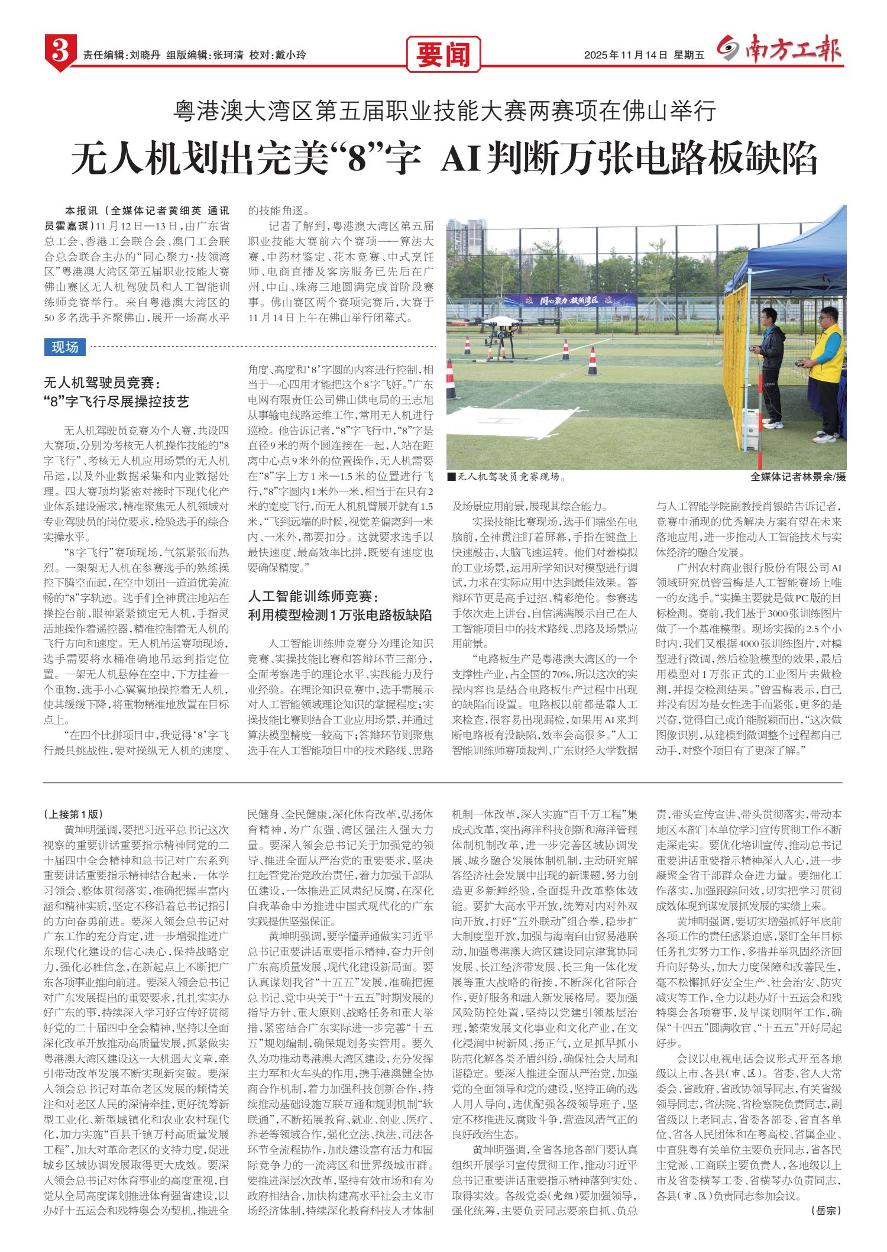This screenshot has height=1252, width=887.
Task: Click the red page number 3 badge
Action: click(x=59, y=54)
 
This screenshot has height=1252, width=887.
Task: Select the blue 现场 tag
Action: click(x=65, y=347)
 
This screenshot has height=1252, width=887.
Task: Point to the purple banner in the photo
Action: click(x=577, y=300)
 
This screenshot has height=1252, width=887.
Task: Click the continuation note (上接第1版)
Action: click(x=74, y=814)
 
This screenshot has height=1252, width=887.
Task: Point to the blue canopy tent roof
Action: click(x=798, y=242)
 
